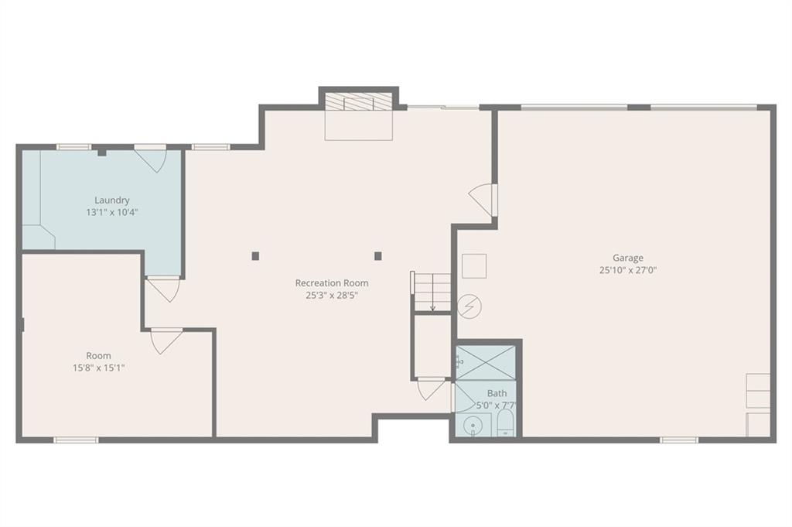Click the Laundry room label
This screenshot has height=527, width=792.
click(x=111, y=200)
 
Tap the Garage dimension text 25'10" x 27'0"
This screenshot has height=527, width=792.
click(x=628, y=270)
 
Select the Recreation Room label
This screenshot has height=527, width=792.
click(x=332, y=283)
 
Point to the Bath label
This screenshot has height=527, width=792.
click(x=497, y=393)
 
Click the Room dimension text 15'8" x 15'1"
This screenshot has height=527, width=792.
click(x=98, y=368)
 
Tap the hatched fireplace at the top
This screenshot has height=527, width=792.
click(x=358, y=101)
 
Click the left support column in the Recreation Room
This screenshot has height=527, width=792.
click(x=255, y=256)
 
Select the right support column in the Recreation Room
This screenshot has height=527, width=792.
click(x=377, y=256)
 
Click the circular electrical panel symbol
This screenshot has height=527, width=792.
click(x=469, y=306)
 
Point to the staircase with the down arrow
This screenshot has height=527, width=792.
click(x=432, y=292)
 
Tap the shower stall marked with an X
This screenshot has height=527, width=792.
click(x=486, y=363)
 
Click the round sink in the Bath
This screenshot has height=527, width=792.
click(x=473, y=426)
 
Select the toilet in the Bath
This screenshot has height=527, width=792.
click(x=506, y=424)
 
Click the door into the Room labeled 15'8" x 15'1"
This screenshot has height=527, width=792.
click(x=166, y=341)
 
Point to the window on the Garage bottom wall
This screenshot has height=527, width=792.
click(x=679, y=440)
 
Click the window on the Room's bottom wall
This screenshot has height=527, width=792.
click(x=77, y=440)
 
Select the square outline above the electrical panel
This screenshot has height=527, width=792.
click(x=474, y=265)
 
